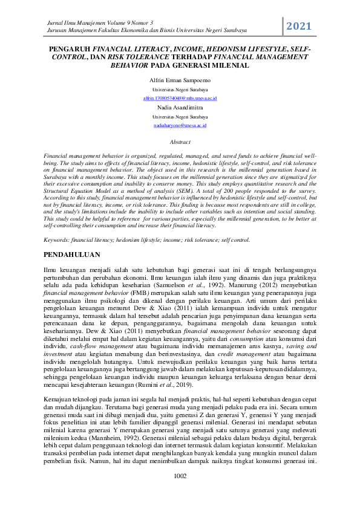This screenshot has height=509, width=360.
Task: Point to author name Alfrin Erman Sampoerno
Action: pyautogui.click(x=180, y=80)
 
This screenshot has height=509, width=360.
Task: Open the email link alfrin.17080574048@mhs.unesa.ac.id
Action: pyautogui.click(x=180, y=97)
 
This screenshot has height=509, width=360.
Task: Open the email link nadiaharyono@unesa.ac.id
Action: pyautogui.click(x=180, y=125)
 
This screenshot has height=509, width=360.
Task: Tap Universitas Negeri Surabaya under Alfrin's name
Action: pyautogui.click(x=180, y=89)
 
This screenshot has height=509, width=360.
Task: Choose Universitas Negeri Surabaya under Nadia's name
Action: pyautogui.click(x=180, y=116)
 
